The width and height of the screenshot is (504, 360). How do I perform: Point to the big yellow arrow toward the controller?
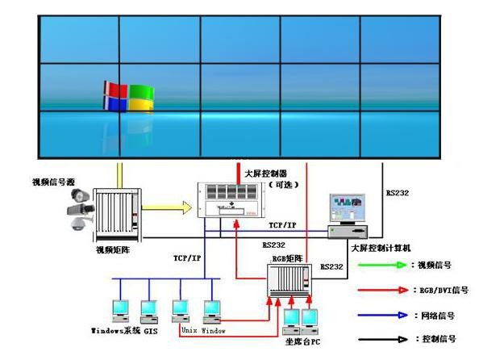tap(173, 209)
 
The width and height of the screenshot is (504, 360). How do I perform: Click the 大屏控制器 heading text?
tap(265, 174)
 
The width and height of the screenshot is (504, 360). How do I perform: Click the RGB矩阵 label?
tap(287, 258)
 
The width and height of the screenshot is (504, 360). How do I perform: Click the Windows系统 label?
tap(116, 331)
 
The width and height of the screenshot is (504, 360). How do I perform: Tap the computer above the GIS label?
tap(148, 311)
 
